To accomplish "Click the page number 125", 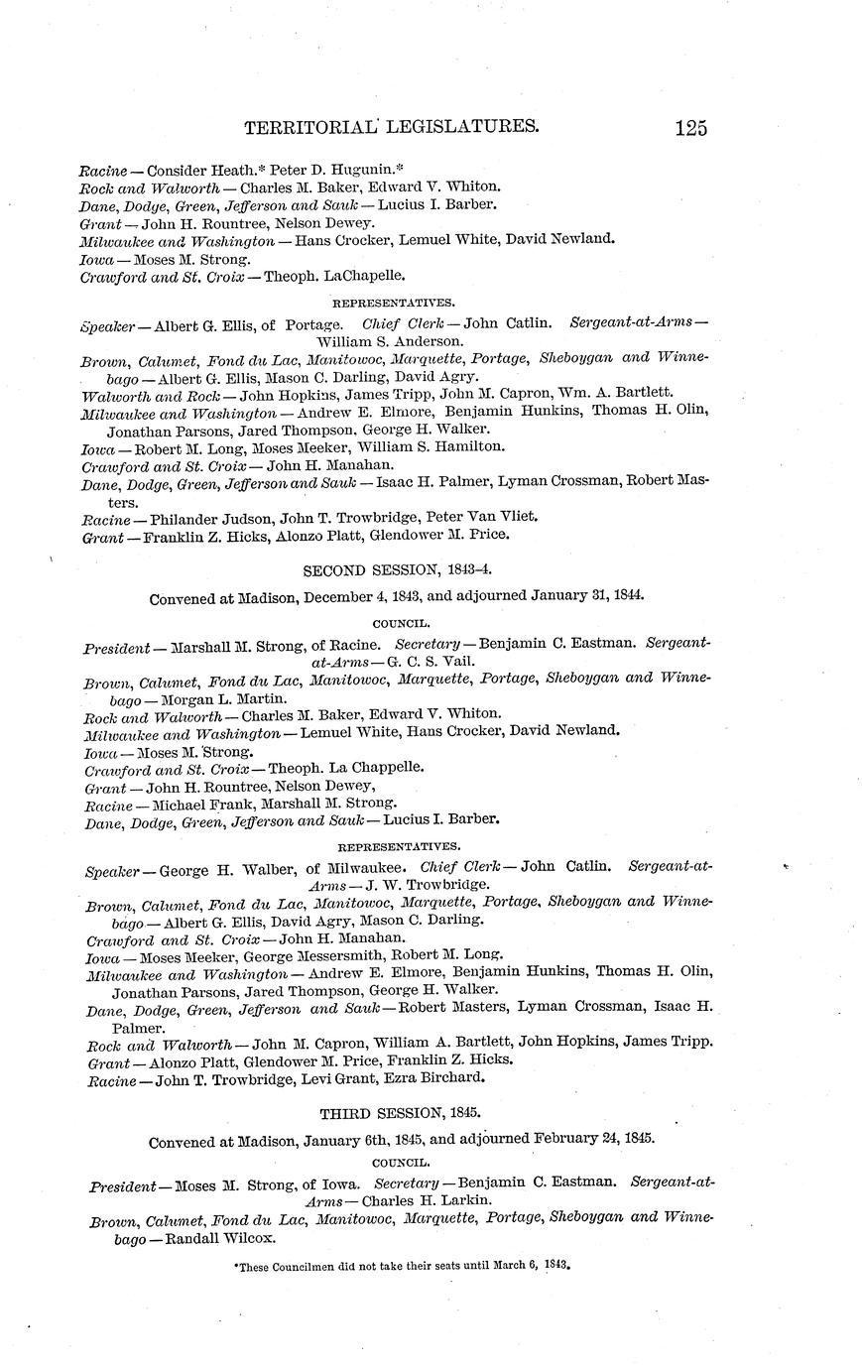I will (x=690, y=128).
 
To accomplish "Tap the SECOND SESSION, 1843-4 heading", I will (x=397, y=569).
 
